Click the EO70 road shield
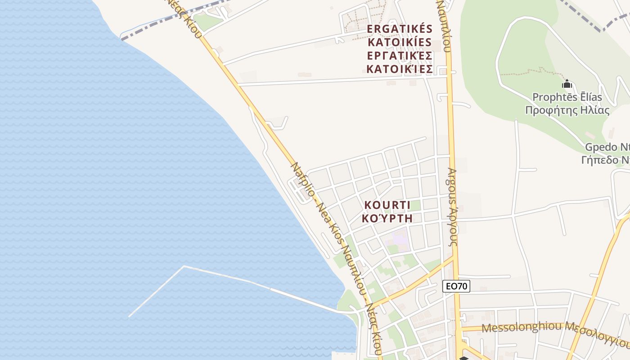click(456, 286)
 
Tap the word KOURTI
click(387, 205)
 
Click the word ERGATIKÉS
click(400, 29)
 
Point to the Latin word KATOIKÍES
click(400, 43)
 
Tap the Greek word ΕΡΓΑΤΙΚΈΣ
click(400, 56)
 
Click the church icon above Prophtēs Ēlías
click(567, 84)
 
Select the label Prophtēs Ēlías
click(567, 97)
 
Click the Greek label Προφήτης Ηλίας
click(567, 110)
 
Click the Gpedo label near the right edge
click(606, 147)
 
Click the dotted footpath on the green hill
click(526, 72)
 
